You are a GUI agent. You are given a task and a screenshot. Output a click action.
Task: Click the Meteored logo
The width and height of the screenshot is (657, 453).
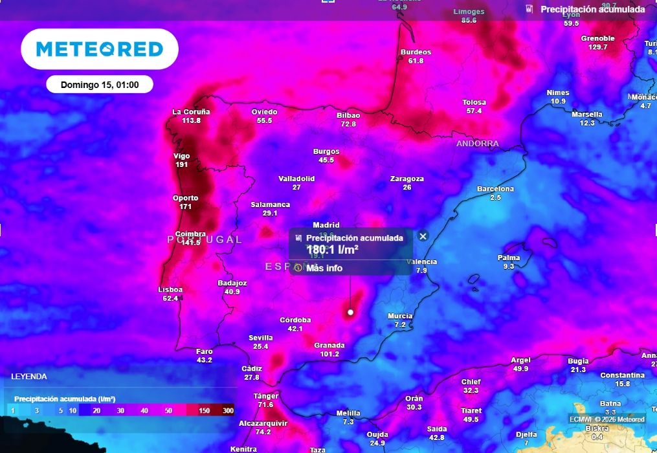click(x=99, y=49)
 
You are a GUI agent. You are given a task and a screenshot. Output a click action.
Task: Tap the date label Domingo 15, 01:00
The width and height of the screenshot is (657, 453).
click(x=99, y=85)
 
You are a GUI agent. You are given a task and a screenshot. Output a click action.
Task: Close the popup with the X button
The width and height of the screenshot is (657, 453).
click(x=423, y=236)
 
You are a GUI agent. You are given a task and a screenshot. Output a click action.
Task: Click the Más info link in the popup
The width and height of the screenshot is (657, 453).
click(x=324, y=268)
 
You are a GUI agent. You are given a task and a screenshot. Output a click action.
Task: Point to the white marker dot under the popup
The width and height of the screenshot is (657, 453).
click(x=350, y=312)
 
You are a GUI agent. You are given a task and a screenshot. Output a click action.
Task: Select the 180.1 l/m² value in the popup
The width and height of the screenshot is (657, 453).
click(x=332, y=249)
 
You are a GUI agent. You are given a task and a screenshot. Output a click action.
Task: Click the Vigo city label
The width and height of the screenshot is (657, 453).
click(x=181, y=156)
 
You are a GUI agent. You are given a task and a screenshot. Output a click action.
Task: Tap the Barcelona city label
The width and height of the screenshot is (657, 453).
click(x=495, y=189)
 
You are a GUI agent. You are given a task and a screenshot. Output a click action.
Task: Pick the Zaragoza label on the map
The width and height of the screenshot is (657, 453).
click(x=406, y=179)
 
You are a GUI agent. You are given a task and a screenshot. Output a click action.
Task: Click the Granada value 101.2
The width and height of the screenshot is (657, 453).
click(x=329, y=354)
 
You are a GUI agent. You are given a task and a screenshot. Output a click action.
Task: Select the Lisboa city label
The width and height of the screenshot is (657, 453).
click(x=170, y=289)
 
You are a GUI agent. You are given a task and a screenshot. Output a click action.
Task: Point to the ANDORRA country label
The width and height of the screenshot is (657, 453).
click(x=477, y=143)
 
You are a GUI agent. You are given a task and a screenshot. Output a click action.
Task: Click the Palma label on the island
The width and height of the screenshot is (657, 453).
click(x=508, y=258)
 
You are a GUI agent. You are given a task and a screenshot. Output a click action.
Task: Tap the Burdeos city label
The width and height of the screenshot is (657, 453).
click(x=416, y=52)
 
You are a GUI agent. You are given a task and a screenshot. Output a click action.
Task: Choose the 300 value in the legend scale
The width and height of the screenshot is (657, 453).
click(x=228, y=410)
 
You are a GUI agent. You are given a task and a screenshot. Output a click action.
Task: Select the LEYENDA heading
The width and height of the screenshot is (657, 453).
click(x=29, y=376)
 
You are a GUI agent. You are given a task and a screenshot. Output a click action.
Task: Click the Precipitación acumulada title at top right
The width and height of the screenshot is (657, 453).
click(x=592, y=9)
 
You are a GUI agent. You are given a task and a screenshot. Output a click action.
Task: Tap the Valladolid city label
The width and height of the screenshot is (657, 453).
click(x=296, y=179)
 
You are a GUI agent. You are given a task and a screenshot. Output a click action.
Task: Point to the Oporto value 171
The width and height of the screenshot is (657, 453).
click(x=185, y=206)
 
